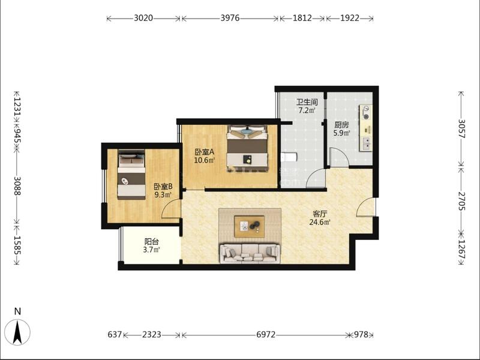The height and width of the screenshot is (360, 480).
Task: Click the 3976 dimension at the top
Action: [x=230, y=18]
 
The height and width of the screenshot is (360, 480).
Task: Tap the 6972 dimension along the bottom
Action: [x=266, y=335]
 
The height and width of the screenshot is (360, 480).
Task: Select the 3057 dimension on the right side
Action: [x=461, y=128]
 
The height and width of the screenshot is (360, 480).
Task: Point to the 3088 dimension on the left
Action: [x=17, y=186]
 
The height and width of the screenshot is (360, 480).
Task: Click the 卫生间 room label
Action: [x=307, y=102]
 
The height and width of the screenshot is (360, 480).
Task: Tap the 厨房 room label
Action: [x=341, y=125]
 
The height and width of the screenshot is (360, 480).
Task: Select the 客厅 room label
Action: [x=320, y=214]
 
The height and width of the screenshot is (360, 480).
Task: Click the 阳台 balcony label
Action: [x=152, y=242]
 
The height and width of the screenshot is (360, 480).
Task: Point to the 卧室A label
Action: [x=205, y=152]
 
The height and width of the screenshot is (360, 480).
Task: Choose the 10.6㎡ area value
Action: [x=205, y=160]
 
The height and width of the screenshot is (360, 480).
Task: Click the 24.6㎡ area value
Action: [x=320, y=222]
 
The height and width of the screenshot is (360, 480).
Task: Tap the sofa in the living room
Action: [x=250, y=253]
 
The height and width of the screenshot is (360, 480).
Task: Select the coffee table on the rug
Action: [x=249, y=226]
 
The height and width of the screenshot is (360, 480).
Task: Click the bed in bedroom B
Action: [x=131, y=175]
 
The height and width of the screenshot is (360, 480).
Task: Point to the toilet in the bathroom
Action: [x=289, y=157]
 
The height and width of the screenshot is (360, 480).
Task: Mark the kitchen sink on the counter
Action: [x=367, y=143]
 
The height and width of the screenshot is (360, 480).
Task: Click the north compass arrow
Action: [x=18, y=332]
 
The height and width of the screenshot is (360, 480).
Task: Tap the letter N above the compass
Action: [x=18, y=311]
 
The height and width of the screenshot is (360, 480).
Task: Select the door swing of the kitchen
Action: [x=338, y=157]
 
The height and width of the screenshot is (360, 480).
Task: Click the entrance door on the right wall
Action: [x=366, y=207]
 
